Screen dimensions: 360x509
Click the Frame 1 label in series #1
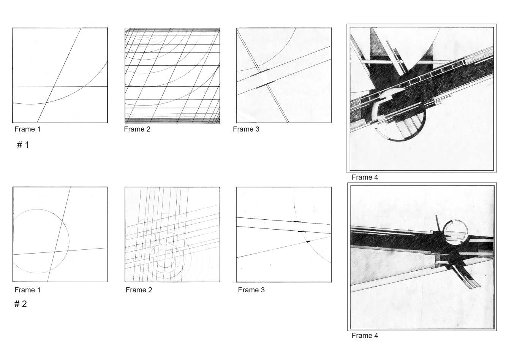coord(27,129)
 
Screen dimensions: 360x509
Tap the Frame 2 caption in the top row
coord(137,129)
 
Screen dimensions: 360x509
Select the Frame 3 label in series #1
coord(246,129)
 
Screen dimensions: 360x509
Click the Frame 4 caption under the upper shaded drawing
coord(365,177)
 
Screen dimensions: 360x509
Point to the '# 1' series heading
coord(23,145)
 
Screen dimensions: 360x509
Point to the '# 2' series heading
coord(21,304)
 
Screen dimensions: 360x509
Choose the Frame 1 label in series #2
coord(27,290)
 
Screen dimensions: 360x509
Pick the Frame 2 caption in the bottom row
coord(139,290)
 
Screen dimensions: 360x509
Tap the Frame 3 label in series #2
coord(251,290)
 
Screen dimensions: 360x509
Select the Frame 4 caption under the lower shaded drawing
coord(365,336)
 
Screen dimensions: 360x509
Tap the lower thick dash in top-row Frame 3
coord(265,85)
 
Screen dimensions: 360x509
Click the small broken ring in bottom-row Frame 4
coord(454,232)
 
